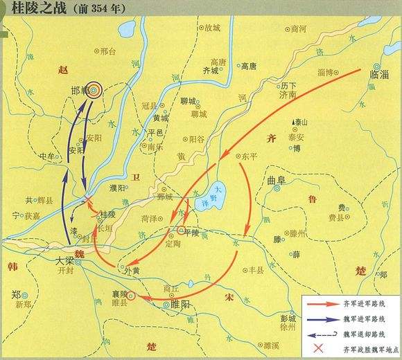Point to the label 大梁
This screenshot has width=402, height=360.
coord(64,262)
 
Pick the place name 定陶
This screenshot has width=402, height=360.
coord(175,243)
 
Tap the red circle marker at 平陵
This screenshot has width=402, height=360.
coord(181,230)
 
